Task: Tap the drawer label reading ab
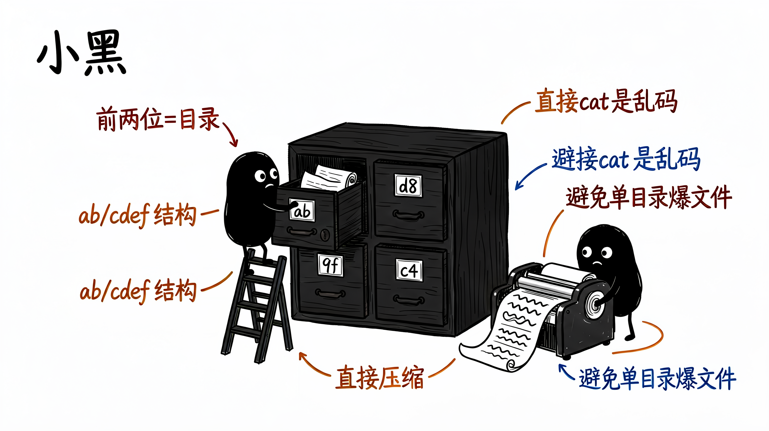pos(302,210)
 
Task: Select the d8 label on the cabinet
pos(408,186)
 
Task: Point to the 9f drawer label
pos(331,265)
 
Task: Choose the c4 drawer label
pos(409,270)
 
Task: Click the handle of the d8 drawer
pos(408,215)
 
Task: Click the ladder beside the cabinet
pos(257,306)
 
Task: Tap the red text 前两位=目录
pos(158,119)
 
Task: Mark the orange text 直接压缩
pos(380,378)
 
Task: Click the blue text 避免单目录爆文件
pos(657,379)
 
